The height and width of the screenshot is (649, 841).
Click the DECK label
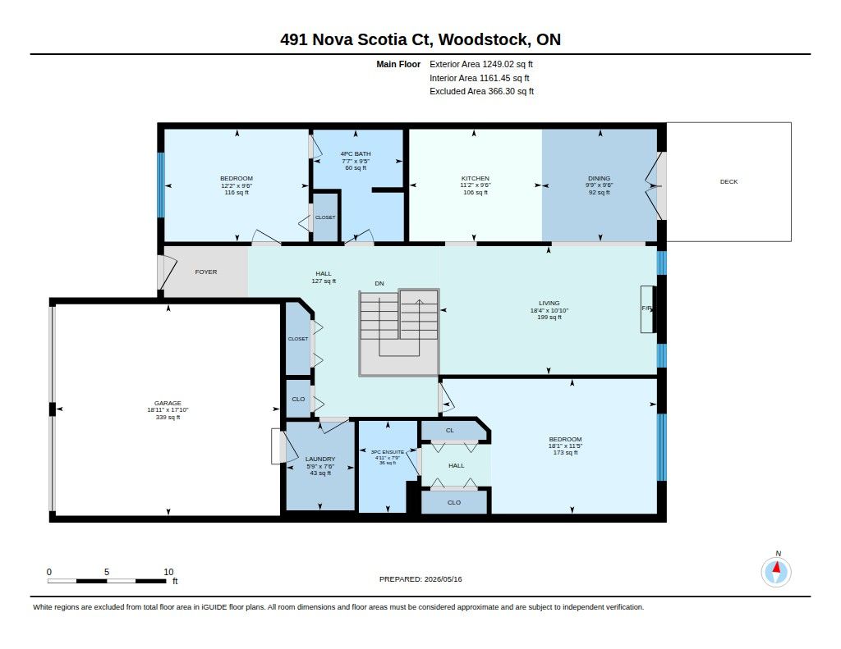(x=728, y=181)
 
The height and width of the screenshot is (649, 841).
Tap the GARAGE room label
(x=168, y=403)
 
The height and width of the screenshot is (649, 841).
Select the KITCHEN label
(x=476, y=179)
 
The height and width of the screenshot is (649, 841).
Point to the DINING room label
(x=599, y=179)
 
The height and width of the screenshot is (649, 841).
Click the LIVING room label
(x=549, y=303)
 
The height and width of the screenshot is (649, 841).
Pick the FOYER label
(x=206, y=272)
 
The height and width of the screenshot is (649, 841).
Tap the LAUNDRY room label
(x=320, y=459)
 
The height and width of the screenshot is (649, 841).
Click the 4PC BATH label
(x=356, y=153)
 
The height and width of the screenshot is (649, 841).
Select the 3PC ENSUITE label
(x=388, y=452)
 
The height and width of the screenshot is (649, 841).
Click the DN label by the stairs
(x=379, y=284)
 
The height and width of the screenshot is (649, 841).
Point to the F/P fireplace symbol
(x=647, y=309)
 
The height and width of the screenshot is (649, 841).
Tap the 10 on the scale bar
(x=168, y=572)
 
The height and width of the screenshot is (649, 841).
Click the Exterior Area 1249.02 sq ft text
(x=481, y=64)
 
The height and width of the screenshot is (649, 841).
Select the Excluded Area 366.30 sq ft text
(x=481, y=91)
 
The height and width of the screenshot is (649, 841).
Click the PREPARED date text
(x=420, y=579)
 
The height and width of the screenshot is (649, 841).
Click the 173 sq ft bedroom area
(x=565, y=453)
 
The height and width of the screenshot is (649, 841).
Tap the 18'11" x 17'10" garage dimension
(x=168, y=410)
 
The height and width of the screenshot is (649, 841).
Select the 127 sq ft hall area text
(x=324, y=281)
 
